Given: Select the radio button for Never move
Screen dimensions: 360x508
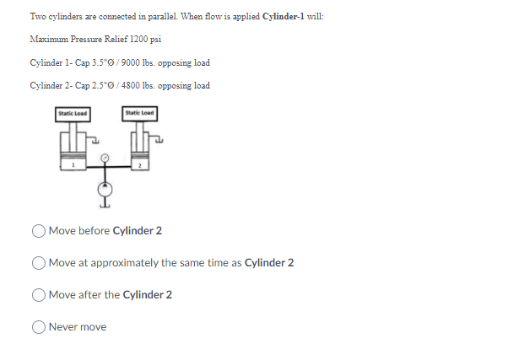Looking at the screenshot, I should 40,327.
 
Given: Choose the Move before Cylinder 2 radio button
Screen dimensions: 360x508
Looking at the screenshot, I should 40,231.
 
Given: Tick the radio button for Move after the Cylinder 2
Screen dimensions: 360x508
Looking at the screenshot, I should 40,295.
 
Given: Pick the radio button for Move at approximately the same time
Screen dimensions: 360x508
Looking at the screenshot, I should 40,263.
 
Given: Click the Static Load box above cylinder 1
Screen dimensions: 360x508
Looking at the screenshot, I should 73,112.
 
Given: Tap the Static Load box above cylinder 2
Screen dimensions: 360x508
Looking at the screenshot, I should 138,112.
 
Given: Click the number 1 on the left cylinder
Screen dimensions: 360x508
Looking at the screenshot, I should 73,166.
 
